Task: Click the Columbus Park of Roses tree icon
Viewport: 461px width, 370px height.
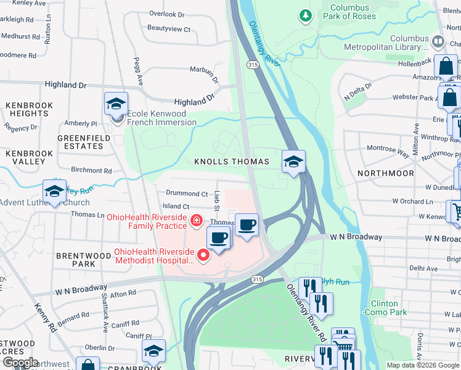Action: click(x=305, y=16)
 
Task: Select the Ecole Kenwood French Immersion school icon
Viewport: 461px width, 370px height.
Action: click(x=116, y=105)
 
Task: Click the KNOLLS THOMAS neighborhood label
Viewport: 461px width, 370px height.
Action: click(x=232, y=162)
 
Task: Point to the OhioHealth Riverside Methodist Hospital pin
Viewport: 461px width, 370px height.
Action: click(x=202, y=254)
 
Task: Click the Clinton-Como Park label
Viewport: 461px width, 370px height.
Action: click(x=389, y=308)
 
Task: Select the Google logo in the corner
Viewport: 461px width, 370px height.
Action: click(x=21, y=362)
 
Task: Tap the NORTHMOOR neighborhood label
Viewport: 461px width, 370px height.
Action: click(x=386, y=174)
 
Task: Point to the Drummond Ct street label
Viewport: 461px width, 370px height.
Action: click(x=187, y=194)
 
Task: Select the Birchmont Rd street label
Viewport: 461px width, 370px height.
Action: click(x=91, y=171)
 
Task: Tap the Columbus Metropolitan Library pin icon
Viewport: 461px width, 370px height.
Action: click(x=438, y=42)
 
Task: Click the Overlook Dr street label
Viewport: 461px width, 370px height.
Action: click(x=166, y=14)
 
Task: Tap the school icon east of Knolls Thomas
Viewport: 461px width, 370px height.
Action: click(x=294, y=163)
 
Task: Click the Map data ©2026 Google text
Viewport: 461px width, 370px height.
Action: click(x=422, y=365)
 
